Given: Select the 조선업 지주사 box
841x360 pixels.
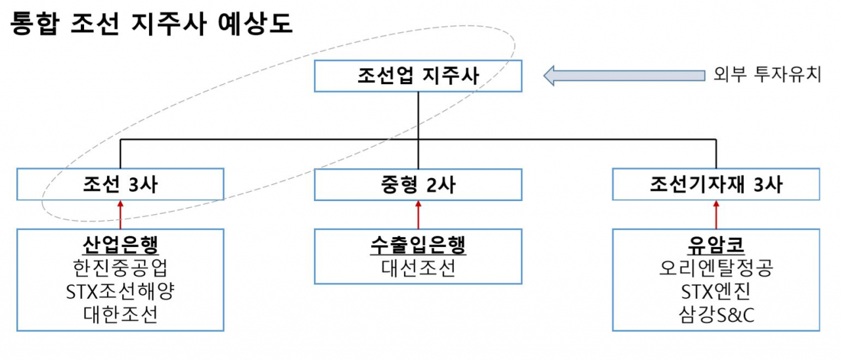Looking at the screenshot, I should pos(418,76).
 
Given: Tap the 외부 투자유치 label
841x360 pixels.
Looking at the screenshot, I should pos(767,74).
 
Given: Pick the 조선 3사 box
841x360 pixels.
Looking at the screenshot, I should pos(121,184).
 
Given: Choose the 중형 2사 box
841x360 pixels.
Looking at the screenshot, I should pos(418,184).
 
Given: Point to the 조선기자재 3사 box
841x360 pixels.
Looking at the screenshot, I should pos(716,184).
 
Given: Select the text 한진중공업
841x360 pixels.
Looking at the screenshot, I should pos(121,268).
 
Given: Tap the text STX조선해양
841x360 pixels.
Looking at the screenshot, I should pos(121,291).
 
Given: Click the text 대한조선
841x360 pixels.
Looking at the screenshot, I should pos(121,314).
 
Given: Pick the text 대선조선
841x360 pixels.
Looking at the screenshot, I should pos(418,268).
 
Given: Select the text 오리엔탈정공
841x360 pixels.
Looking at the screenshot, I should pos(716,268).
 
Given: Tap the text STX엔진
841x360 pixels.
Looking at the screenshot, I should pos(716,291).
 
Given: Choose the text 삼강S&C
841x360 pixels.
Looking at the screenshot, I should pos(716,314).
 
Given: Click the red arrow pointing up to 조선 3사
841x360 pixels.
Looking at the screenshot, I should pos(121,214).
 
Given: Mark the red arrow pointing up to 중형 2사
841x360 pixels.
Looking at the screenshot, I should pos(418,214).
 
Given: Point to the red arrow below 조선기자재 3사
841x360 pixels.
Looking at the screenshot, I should pos(716,214).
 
